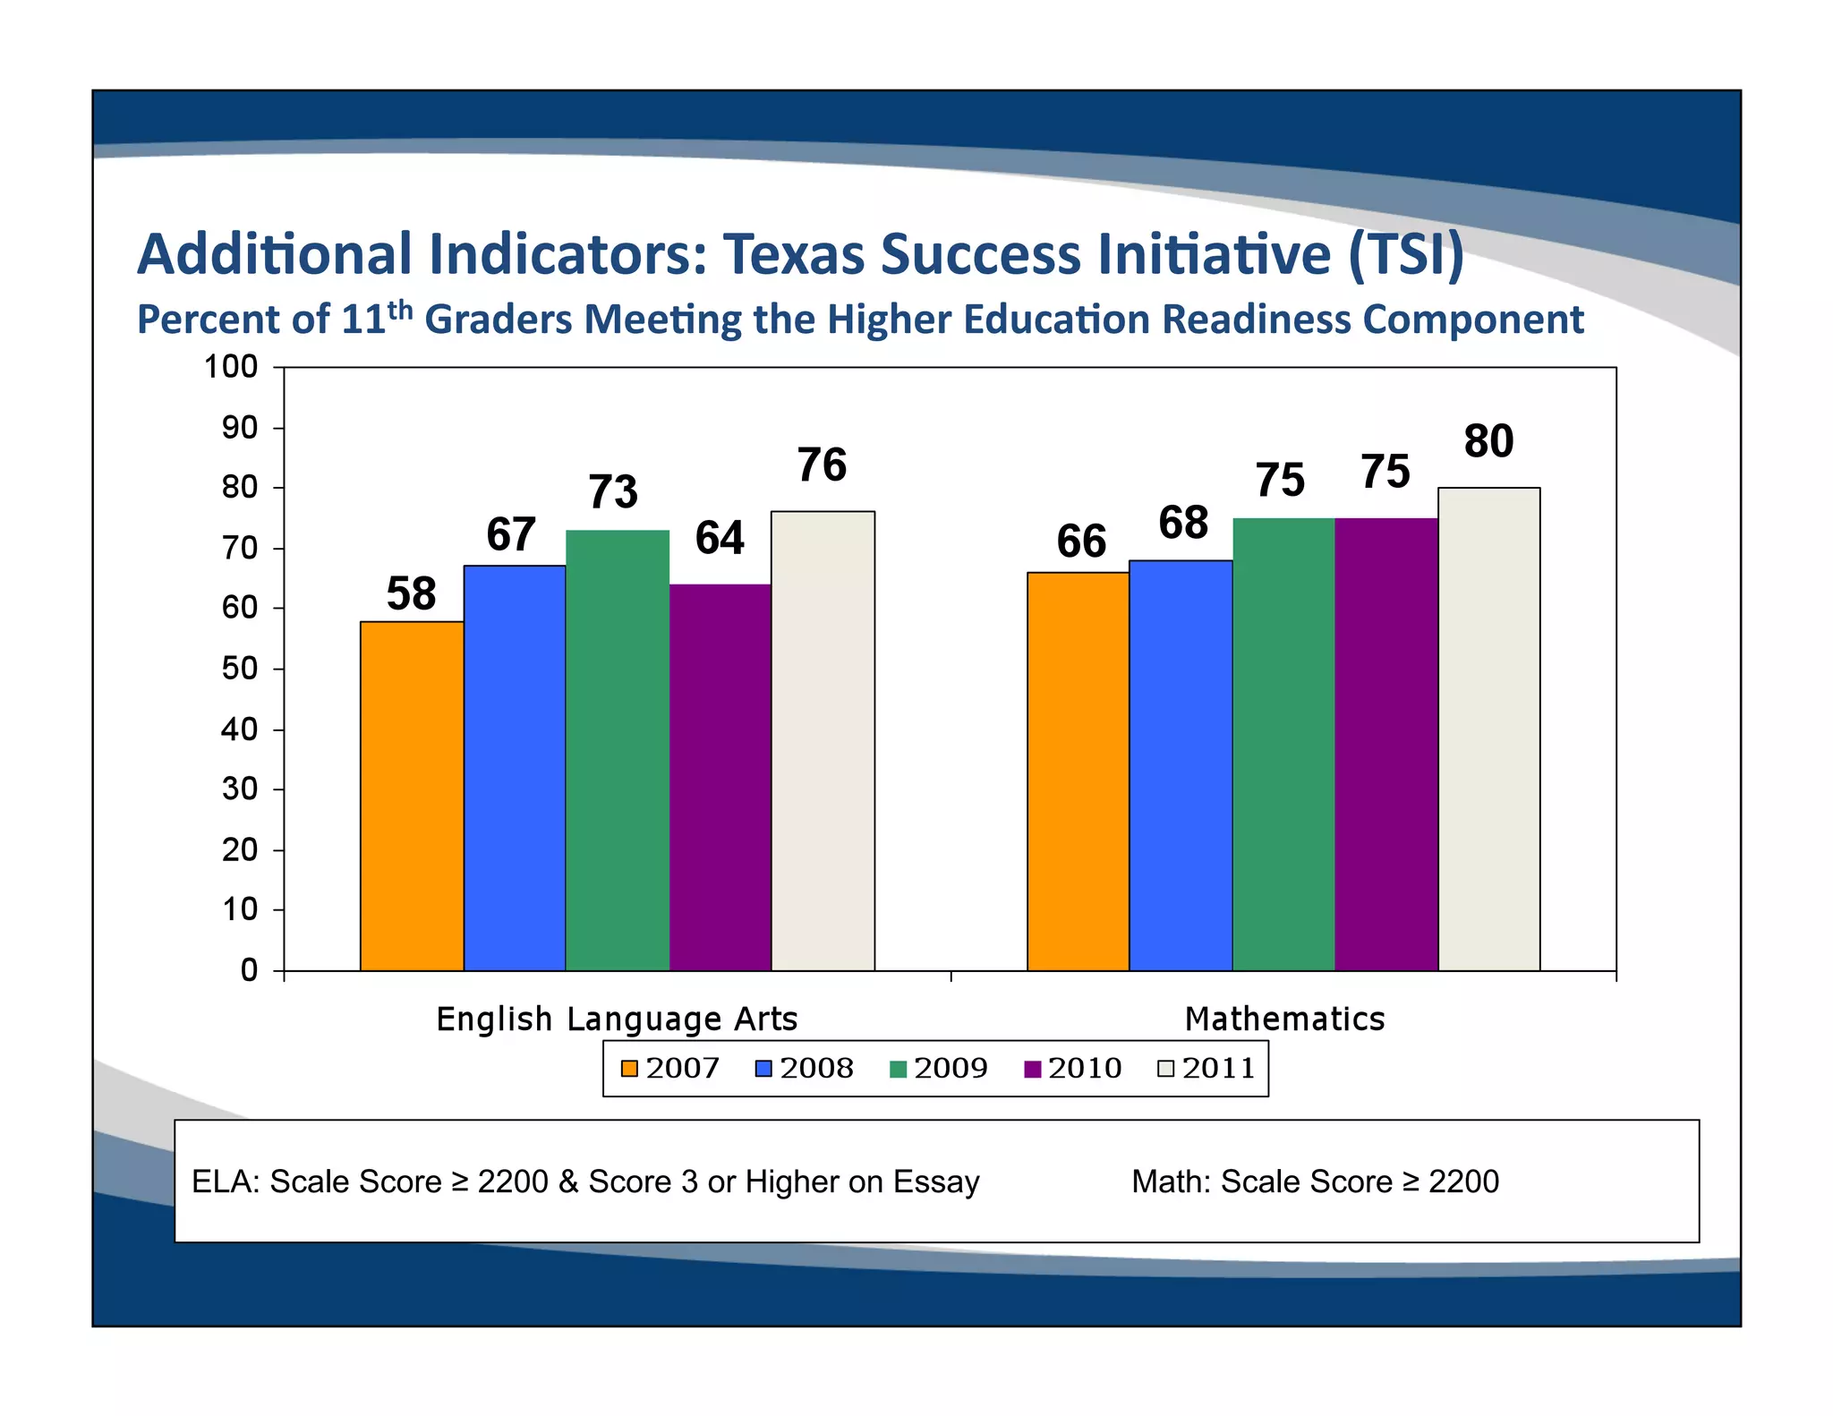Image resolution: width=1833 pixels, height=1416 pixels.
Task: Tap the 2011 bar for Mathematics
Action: pos(1488,729)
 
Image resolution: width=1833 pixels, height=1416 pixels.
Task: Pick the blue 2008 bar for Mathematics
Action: pos(1181,765)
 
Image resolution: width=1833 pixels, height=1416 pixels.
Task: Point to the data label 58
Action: pos(411,594)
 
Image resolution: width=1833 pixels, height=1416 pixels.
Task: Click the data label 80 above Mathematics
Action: pos(1488,441)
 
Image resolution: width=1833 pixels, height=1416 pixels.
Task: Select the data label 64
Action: pos(720,539)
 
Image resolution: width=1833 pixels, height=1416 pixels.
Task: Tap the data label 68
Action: pos(1183,523)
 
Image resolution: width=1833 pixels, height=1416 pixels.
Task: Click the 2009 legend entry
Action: pos(940,1069)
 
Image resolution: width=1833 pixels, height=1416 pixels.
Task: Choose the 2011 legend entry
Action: pos(1207,1069)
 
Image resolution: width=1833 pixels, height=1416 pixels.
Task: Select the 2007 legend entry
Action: pos(671,1069)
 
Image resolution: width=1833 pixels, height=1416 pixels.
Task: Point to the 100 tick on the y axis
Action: pos(231,367)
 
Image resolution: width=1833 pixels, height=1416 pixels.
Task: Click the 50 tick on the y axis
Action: pos(239,669)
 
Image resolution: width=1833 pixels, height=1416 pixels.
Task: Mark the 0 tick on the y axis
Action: pos(249,970)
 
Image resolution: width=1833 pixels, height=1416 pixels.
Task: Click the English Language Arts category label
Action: pos(617,1019)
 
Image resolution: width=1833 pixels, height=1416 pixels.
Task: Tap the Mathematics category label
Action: pos(1284,1019)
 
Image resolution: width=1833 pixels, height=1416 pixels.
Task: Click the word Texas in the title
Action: pos(794,255)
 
